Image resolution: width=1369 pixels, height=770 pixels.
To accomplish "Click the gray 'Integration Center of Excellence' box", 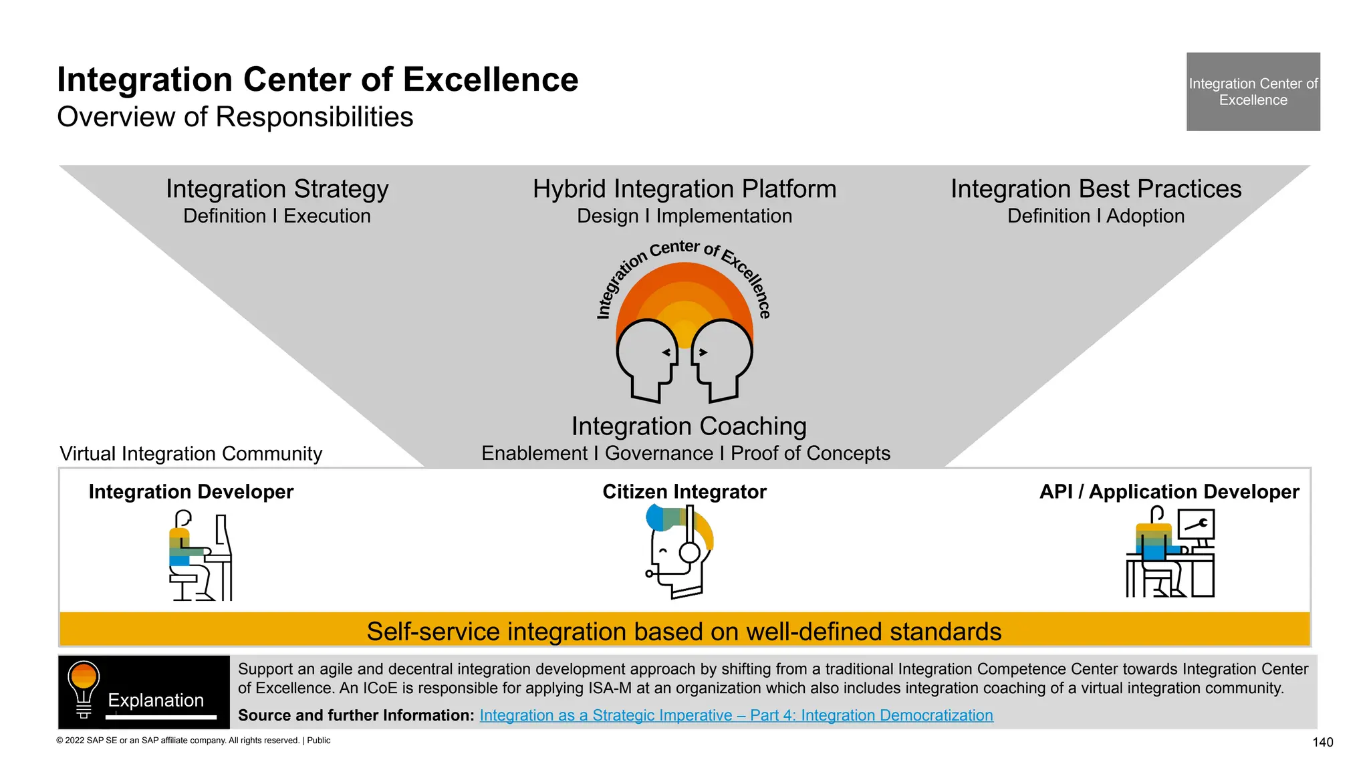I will click(1253, 92).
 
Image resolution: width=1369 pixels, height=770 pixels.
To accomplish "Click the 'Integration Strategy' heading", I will click(277, 189).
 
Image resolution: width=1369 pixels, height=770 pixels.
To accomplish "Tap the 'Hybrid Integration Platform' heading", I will click(684, 189).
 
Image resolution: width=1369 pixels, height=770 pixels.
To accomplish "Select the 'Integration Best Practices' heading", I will click(1096, 189).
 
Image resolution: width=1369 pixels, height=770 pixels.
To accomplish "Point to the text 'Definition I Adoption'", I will click(1096, 217).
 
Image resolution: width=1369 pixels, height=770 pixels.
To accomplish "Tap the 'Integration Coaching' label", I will click(689, 426).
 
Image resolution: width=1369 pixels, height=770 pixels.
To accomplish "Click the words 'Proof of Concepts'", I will click(810, 453).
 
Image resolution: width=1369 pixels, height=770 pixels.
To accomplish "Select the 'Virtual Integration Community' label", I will click(191, 454).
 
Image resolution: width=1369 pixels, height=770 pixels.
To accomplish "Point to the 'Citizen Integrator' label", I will click(684, 492).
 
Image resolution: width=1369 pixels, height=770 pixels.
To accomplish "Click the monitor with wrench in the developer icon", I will click(1196, 525).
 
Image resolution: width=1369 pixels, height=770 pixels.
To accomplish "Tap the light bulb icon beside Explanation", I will click(84, 689).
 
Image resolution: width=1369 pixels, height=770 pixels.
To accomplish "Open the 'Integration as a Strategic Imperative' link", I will click(736, 715).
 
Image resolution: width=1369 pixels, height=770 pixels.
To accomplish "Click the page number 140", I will click(1322, 742).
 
